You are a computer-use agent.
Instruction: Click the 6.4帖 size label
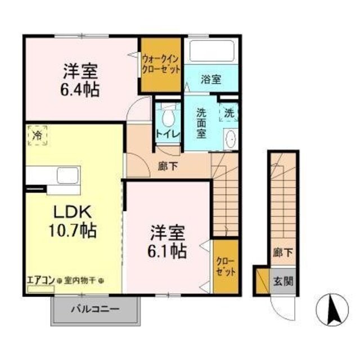(81, 90)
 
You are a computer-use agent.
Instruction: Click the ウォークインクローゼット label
(161, 64)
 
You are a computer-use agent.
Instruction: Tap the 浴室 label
(210, 79)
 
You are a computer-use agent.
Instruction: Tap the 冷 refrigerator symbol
(37, 136)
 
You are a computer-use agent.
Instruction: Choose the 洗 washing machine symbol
(229, 112)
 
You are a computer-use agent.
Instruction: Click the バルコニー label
(94, 310)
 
